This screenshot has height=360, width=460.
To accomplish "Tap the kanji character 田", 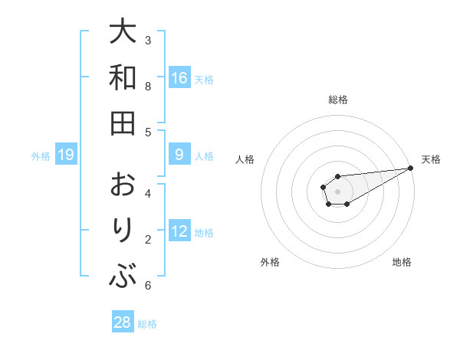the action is [x=123, y=123].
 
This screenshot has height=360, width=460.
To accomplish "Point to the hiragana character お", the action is [x=123, y=185].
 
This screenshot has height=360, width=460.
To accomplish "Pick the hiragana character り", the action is [x=123, y=231].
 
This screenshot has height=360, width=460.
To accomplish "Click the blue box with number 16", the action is [x=179, y=78].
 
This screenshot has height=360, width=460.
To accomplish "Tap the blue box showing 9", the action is [x=179, y=155].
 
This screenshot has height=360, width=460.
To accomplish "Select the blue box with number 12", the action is [x=179, y=231].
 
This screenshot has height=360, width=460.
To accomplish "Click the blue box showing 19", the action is [x=65, y=155].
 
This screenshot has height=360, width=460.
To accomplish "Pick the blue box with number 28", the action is [x=123, y=322].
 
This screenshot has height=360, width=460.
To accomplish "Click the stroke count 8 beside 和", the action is [x=148, y=86].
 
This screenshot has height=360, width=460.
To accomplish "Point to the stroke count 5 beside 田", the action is [x=148, y=132].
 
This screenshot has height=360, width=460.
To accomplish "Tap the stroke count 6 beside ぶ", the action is [x=148, y=286].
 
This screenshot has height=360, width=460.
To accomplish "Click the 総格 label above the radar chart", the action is [x=337, y=100].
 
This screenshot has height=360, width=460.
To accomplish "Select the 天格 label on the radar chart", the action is [x=432, y=159].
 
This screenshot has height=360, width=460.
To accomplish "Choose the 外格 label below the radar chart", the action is [x=270, y=262].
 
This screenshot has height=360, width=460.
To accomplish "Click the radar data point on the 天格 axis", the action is [x=410, y=169].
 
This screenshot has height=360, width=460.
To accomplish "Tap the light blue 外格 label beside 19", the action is [x=41, y=156].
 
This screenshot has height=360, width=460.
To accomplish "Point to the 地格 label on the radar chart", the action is [x=402, y=262].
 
